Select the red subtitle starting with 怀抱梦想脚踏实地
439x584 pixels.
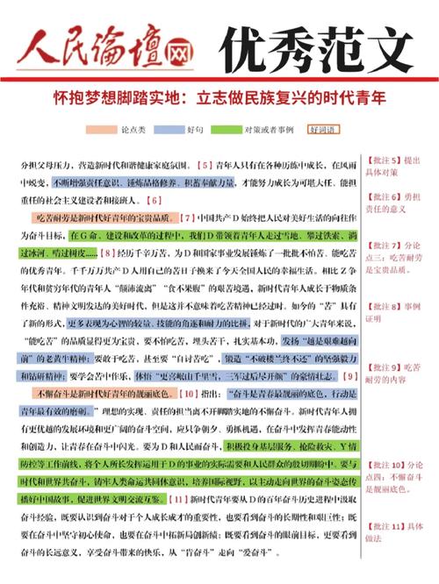click(x=219, y=99)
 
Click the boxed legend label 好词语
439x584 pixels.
click(x=322, y=131)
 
